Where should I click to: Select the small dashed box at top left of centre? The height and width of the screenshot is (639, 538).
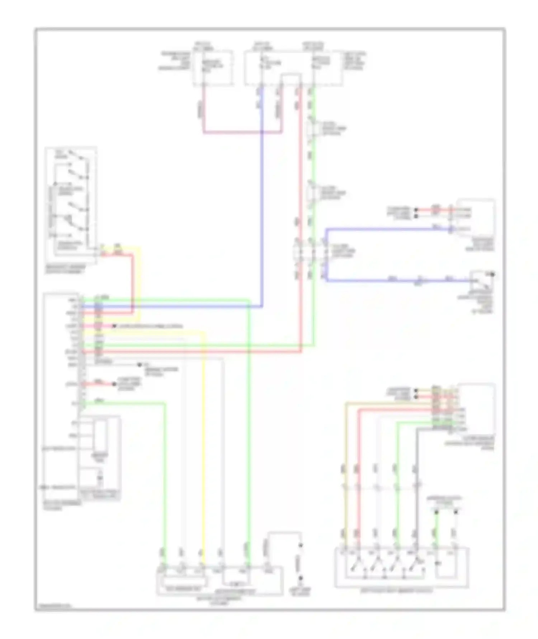(213, 68)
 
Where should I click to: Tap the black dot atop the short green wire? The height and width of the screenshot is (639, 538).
(436, 513)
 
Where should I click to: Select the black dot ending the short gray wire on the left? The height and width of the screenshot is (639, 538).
(140, 365)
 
